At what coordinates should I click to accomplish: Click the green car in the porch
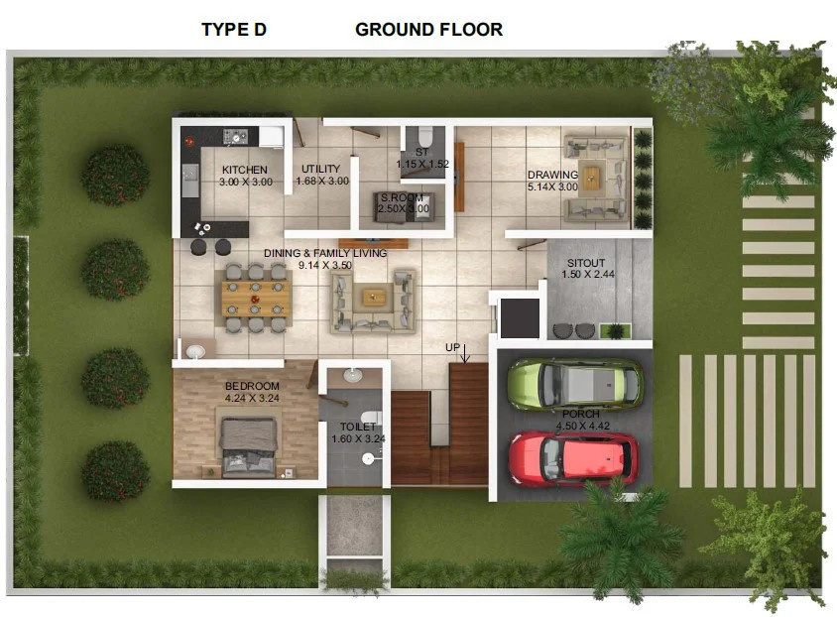click(574, 383)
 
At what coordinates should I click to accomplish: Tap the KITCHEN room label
click(245, 170)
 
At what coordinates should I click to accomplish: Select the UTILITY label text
click(320, 169)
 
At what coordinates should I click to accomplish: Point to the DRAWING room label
click(552, 175)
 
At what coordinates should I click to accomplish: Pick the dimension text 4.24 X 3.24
click(252, 399)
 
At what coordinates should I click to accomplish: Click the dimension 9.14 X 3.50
click(325, 266)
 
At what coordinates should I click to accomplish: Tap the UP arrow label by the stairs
click(452, 347)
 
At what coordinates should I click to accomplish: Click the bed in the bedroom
click(248, 443)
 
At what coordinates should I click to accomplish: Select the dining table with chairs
click(257, 296)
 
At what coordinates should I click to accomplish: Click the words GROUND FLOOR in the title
click(428, 30)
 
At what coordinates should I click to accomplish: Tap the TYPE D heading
click(234, 30)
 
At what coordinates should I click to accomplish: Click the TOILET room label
click(358, 427)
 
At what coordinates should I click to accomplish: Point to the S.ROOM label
click(402, 198)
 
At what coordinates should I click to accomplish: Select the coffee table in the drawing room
click(593, 179)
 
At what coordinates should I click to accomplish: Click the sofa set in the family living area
click(374, 297)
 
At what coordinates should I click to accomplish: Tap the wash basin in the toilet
click(353, 375)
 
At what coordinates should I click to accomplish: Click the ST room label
click(421, 152)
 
